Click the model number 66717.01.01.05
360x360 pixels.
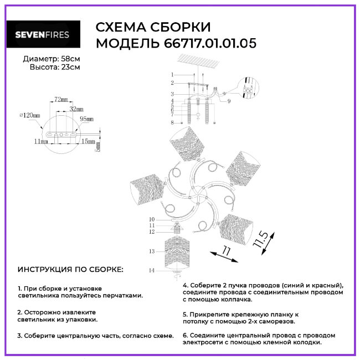point(210,43)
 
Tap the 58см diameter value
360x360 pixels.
point(70,59)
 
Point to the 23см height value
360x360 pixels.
point(70,67)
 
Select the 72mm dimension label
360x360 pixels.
point(61,99)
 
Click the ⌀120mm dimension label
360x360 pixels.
point(30,115)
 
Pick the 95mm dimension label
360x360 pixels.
point(86,119)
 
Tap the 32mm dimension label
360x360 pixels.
point(76,109)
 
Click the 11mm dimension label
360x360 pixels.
point(41,141)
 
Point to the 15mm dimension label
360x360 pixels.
point(88,141)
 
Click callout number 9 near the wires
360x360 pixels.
point(229,101)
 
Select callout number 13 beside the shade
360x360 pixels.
point(152,251)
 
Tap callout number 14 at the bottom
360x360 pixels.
point(152,270)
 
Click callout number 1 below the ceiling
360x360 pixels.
point(172,75)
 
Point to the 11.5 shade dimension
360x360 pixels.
point(260,239)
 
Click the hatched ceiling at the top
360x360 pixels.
point(199,60)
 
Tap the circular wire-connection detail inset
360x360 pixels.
point(248,88)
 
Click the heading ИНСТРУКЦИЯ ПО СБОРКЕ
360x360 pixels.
point(70,269)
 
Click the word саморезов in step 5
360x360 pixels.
point(277,321)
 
